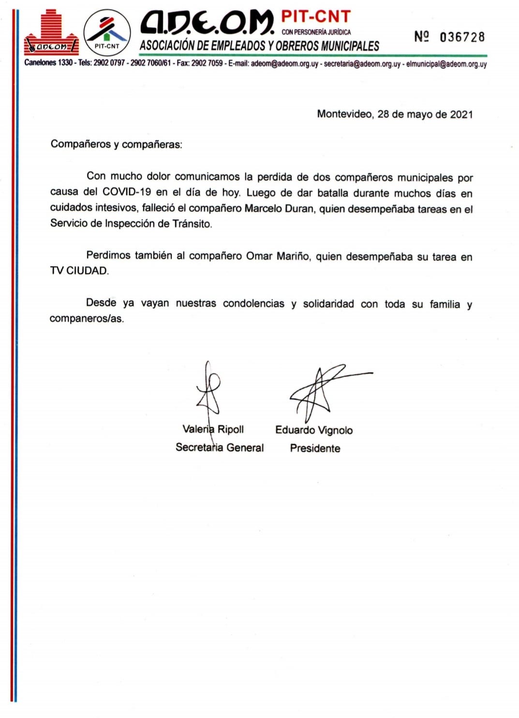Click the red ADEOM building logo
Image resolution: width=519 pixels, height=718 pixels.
[x=51, y=33]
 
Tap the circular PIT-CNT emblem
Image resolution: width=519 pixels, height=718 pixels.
[x=107, y=33]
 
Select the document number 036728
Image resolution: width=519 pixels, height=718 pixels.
[x=462, y=37]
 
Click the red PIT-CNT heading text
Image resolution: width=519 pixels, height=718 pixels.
[x=315, y=16]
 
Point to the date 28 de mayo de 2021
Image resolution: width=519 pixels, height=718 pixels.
[x=425, y=114]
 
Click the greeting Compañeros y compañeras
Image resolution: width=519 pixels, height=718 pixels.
[x=116, y=144]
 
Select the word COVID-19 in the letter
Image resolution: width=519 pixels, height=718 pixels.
[x=127, y=192]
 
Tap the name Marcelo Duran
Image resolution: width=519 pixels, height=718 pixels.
[x=279, y=209]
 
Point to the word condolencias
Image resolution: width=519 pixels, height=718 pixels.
[x=253, y=304]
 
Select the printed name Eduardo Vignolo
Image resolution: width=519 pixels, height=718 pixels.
[x=314, y=430]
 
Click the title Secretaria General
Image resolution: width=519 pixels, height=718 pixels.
[x=220, y=447]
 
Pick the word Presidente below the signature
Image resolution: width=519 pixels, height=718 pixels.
[x=315, y=448]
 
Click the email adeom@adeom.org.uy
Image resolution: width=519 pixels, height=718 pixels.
[x=284, y=63]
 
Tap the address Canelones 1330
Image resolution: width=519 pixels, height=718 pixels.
[x=48, y=63]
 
